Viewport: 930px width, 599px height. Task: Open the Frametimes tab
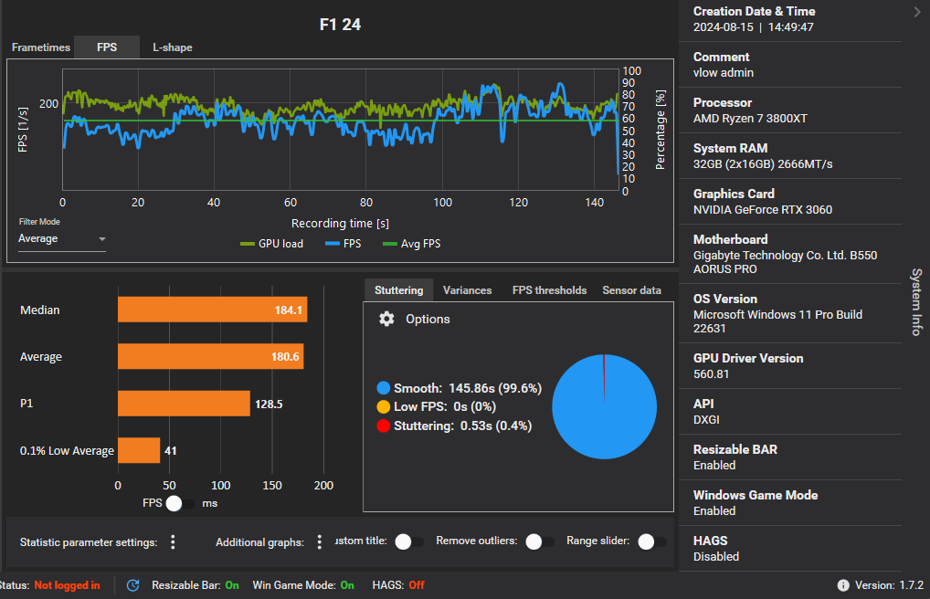point(41,47)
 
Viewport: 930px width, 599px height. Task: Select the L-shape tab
point(173,47)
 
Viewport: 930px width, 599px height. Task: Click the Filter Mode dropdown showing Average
point(62,238)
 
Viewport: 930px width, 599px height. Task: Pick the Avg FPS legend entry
point(412,244)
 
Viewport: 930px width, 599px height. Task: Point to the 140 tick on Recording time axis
point(595,203)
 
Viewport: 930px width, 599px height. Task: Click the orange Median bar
point(212,310)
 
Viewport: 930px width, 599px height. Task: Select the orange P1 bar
point(184,404)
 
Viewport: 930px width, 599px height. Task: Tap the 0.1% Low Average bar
point(139,450)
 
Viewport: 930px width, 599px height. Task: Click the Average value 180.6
point(285,356)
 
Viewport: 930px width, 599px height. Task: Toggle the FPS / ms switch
point(180,503)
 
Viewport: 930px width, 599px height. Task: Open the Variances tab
point(468,290)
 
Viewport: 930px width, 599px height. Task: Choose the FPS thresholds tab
point(549,290)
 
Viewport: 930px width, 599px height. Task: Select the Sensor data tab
point(631,290)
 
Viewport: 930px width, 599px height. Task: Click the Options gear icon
point(386,319)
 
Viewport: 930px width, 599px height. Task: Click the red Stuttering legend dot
point(383,426)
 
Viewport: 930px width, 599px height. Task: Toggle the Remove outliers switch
point(539,541)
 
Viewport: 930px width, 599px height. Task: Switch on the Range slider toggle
point(652,541)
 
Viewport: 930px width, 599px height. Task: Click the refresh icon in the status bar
point(132,585)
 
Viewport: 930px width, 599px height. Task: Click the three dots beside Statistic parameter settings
point(173,542)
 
